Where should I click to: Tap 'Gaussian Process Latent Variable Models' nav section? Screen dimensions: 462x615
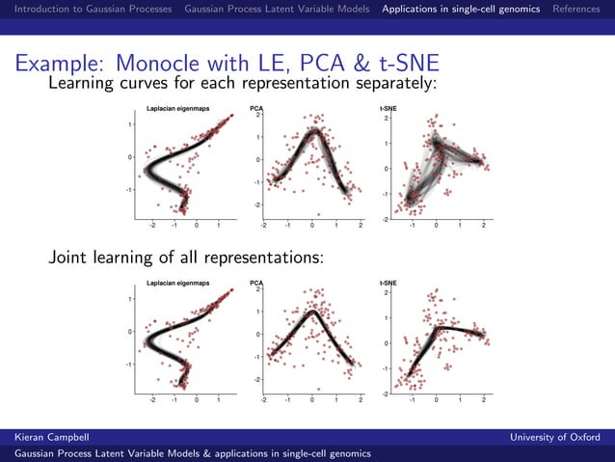[278, 9]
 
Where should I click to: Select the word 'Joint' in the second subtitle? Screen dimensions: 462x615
[68, 258]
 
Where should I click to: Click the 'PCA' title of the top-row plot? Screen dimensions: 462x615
[256, 109]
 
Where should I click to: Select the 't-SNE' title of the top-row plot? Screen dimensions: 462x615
[388, 109]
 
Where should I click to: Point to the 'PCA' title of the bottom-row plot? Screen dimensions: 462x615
[256, 283]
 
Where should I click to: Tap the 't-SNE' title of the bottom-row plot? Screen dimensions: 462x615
[388, 283]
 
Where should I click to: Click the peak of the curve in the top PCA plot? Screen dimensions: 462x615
[314, 134]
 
